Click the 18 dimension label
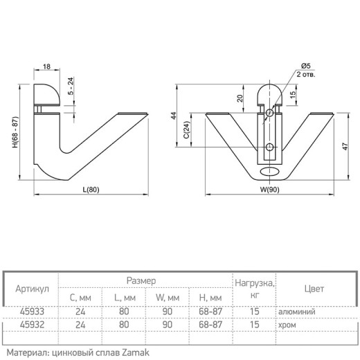[x=46, y=66]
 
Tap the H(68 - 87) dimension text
[x=15, y=132]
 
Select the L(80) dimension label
[x=91, y=190]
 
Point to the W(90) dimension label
[x=269, y=190]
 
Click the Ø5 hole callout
[x=306, y=66]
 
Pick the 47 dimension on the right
[x=345, y=146]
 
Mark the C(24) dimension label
[x=187, y=129]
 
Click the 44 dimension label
[x=174, y=116]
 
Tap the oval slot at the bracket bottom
[x=269, y=172]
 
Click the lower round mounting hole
[x=269, y=147]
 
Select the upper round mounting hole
[x=269, y=113]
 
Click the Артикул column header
[x=33, y=289]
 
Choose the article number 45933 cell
[x=32, y=312]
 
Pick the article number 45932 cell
[x=32, y=325]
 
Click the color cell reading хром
[x=287, y=325]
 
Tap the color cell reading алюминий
[x=297, y=312]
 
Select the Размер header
[x=141, y=281]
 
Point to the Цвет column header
[x=314, y=289]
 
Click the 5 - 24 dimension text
[x=71, y=86]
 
